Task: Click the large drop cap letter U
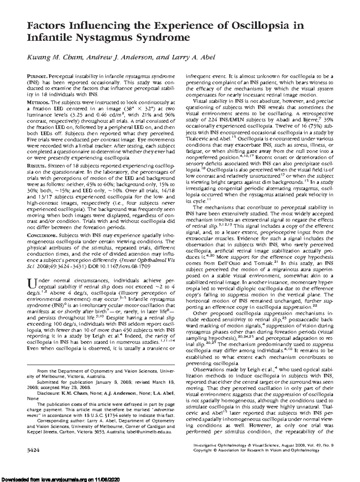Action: [31, 283]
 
